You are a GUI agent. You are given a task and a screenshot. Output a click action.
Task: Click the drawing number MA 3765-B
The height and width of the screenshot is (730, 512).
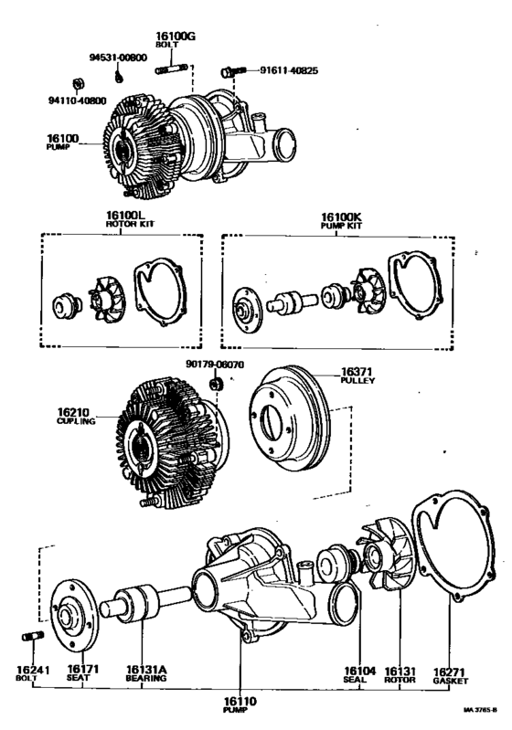click(482, 709)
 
